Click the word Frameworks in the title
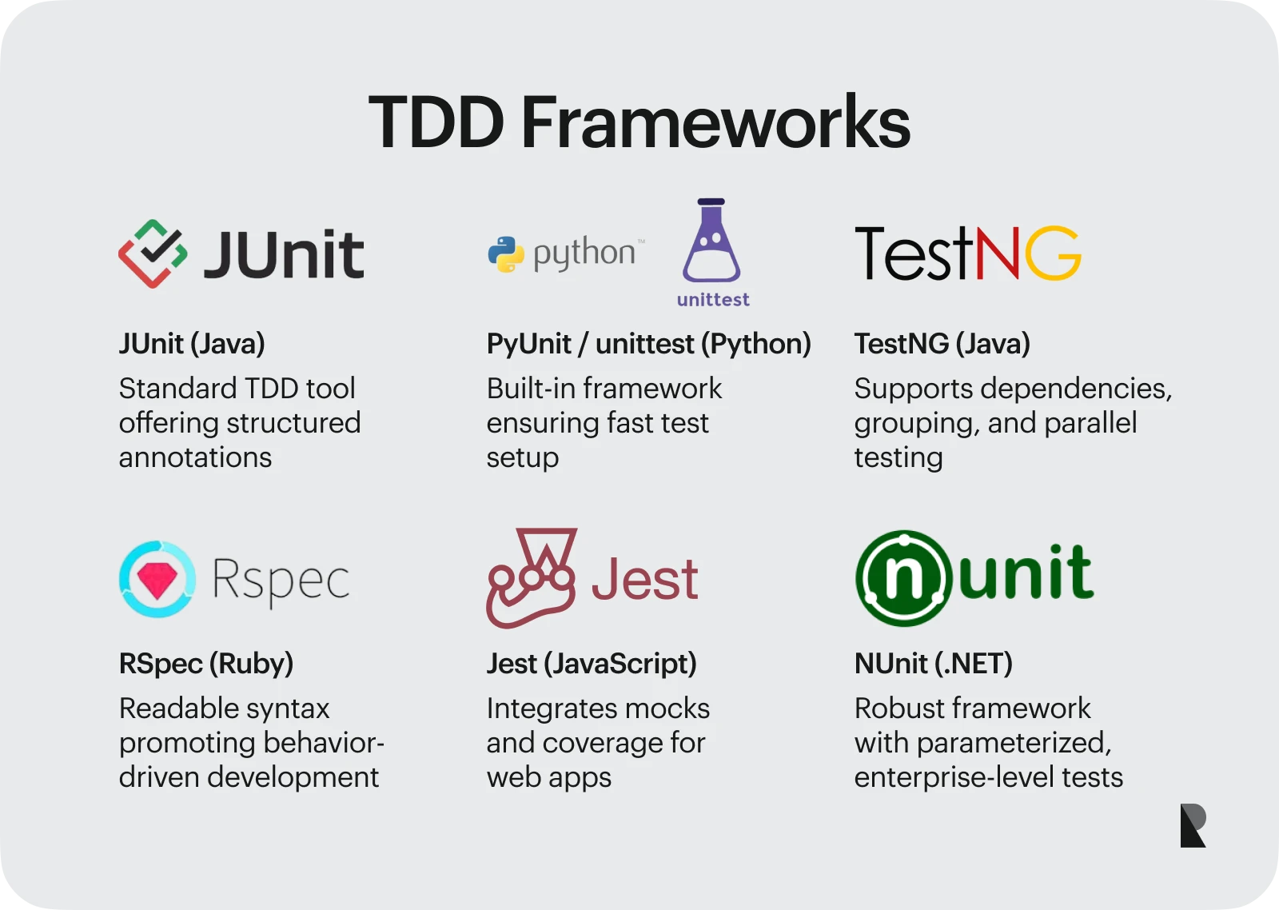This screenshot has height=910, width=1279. tap(715, 122)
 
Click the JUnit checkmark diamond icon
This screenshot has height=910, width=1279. tap(153, 253)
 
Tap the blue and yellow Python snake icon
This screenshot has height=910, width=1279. tap(506, 254)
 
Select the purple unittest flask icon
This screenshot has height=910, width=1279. tap(711, 240)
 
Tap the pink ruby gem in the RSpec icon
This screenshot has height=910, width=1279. tap(157, 580)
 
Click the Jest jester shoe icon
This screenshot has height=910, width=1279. tap(531, 578)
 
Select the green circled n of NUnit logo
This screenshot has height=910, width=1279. tap(903, 578)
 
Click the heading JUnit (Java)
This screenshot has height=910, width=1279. tap(192, 343)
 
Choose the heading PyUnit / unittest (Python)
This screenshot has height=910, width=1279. tap(648, 343)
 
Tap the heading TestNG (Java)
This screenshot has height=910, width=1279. tap(942, 343)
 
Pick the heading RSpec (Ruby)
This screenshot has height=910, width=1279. tap(206, 663)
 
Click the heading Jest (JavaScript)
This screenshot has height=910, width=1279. tap(592, 663)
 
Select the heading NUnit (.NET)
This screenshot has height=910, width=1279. tap(934, 663)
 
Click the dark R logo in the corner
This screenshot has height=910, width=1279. tap(1193, 825)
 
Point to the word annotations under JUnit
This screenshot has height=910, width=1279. tap(195, 457)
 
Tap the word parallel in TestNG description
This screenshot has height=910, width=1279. tap(1090, 423)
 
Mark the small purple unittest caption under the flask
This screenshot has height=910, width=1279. tap(713, 299)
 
